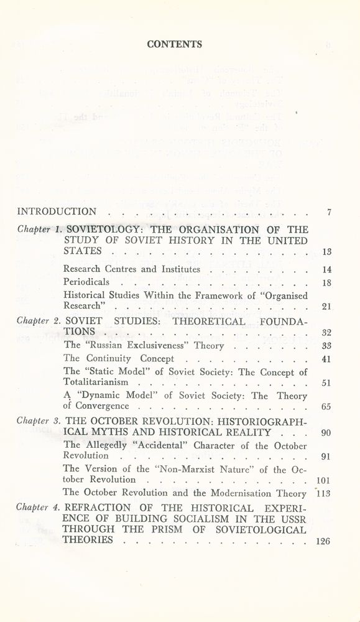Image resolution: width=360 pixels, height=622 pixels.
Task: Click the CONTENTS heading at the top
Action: [x=174, y=44]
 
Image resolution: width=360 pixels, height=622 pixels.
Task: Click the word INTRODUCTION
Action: [x=57, y=212]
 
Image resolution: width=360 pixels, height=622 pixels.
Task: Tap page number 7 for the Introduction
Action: [x=328, y=213]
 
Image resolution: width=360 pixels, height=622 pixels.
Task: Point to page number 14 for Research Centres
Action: [x=326, y=270]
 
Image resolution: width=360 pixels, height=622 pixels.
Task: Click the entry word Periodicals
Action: [x=88, y=282]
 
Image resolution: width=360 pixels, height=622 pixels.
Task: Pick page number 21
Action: [x=326, y=307]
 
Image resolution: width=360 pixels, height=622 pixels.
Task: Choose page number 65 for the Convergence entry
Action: [x=326, y=407]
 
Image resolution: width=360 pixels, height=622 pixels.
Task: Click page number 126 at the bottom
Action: [x=323, y=541]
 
